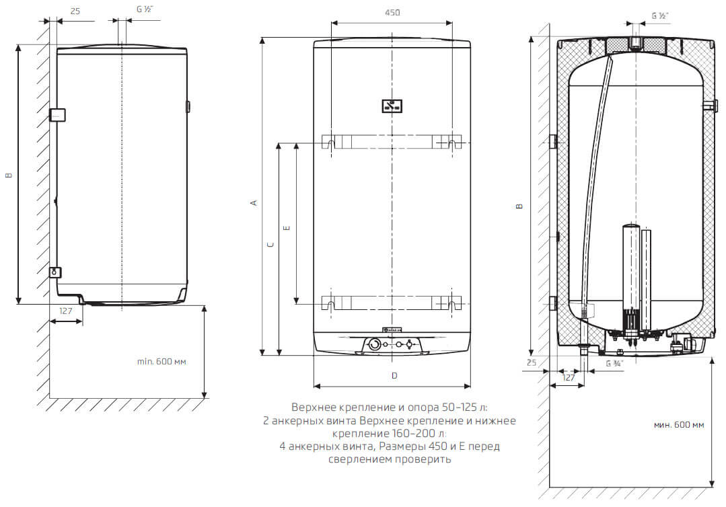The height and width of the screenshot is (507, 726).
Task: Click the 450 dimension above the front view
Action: pos(392,13)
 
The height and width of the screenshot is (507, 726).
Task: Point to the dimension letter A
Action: pos(254,202)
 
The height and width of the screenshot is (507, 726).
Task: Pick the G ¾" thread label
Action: pos(614,363)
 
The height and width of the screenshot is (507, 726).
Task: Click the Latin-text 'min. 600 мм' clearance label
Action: pos(161,362)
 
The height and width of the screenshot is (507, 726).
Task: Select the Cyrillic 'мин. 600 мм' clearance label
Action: pos(678,425)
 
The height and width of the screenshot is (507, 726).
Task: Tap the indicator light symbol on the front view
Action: pos(392,106)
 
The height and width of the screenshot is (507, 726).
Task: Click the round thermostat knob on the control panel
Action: pos(373,345)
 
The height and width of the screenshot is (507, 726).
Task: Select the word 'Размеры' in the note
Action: pos(403,446)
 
